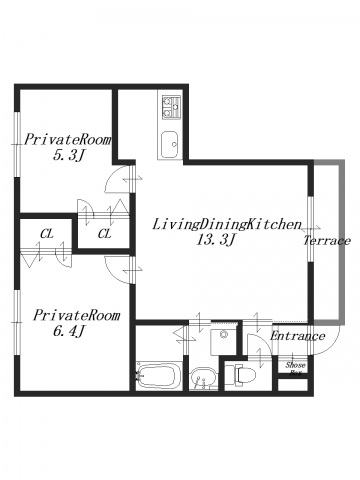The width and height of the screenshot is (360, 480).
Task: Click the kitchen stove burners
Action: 171,107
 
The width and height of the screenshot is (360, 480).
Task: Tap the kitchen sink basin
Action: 170,145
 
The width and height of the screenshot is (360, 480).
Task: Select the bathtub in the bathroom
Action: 159,376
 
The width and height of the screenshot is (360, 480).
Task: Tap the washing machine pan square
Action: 222,339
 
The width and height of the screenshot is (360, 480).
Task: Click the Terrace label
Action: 327,240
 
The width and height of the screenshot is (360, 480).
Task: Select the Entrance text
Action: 297,336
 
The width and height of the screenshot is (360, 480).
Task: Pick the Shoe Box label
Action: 295,369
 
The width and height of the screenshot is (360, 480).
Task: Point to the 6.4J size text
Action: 68,331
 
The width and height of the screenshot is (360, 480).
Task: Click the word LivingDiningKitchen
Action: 227,224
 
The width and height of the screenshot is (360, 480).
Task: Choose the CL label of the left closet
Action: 47,234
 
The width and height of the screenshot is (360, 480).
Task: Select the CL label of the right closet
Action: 104,234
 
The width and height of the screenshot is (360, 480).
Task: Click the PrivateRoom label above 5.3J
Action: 67,140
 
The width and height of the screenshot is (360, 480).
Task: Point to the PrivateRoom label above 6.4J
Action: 76,315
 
